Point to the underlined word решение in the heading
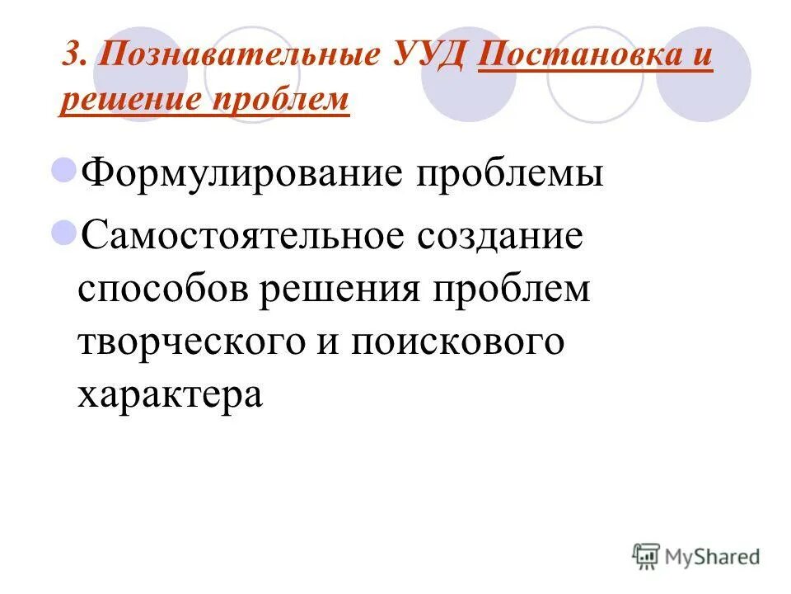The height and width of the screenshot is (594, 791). tap(128, 99)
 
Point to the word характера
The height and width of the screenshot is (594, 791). tap(170, 394)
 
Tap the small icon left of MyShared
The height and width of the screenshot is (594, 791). tap(646, 555)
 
